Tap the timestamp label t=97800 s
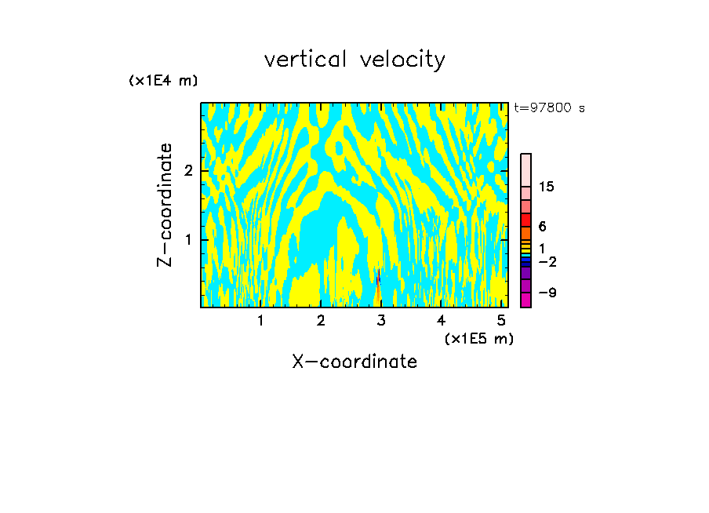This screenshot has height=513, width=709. (x=549, y=108)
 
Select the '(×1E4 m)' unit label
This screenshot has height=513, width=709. (x=163, y=80)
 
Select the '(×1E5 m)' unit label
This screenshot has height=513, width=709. (x=478, y=338)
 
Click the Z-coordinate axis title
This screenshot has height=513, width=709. (x=165, y=205)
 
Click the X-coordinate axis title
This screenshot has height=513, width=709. (x=354, y=362)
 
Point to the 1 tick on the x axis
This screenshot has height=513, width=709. (x=260, y=320)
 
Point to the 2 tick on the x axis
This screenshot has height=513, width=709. (x=321, y=320)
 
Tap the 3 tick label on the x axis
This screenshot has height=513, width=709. (x=381, y=320)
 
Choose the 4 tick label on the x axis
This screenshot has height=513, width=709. (x=442, y=320)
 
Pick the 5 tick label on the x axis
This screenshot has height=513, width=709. (x=502, y=320)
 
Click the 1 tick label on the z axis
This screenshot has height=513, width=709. (x=188, y=239)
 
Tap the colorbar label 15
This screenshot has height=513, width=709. (x=547, y=187)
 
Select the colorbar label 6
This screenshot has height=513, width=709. (x=542, y=227)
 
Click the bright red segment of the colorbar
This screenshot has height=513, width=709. (x=525, y=220)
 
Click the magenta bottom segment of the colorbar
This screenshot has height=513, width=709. (x=525, y=300)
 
